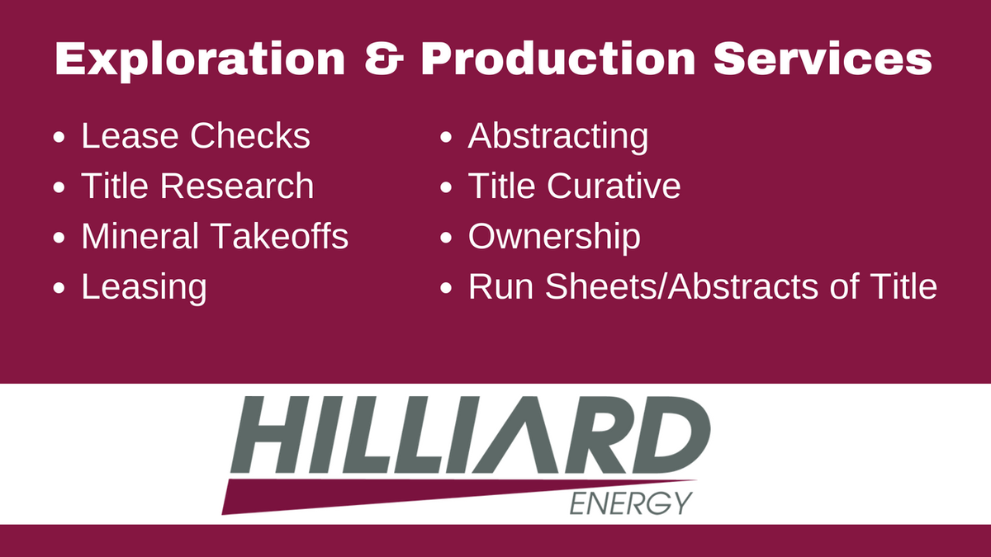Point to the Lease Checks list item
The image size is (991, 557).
[x=195, y=136]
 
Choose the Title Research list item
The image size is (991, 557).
[x=197, y=186]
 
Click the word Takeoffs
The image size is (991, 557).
[x=280, y=237]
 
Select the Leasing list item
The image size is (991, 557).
[x=144, y=288]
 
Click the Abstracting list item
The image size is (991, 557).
[x=558, y=136]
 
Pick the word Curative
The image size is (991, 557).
[x=614, y=186]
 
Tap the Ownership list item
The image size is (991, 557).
[x=554, y=237]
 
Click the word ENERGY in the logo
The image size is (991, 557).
[x=631, y=502]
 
